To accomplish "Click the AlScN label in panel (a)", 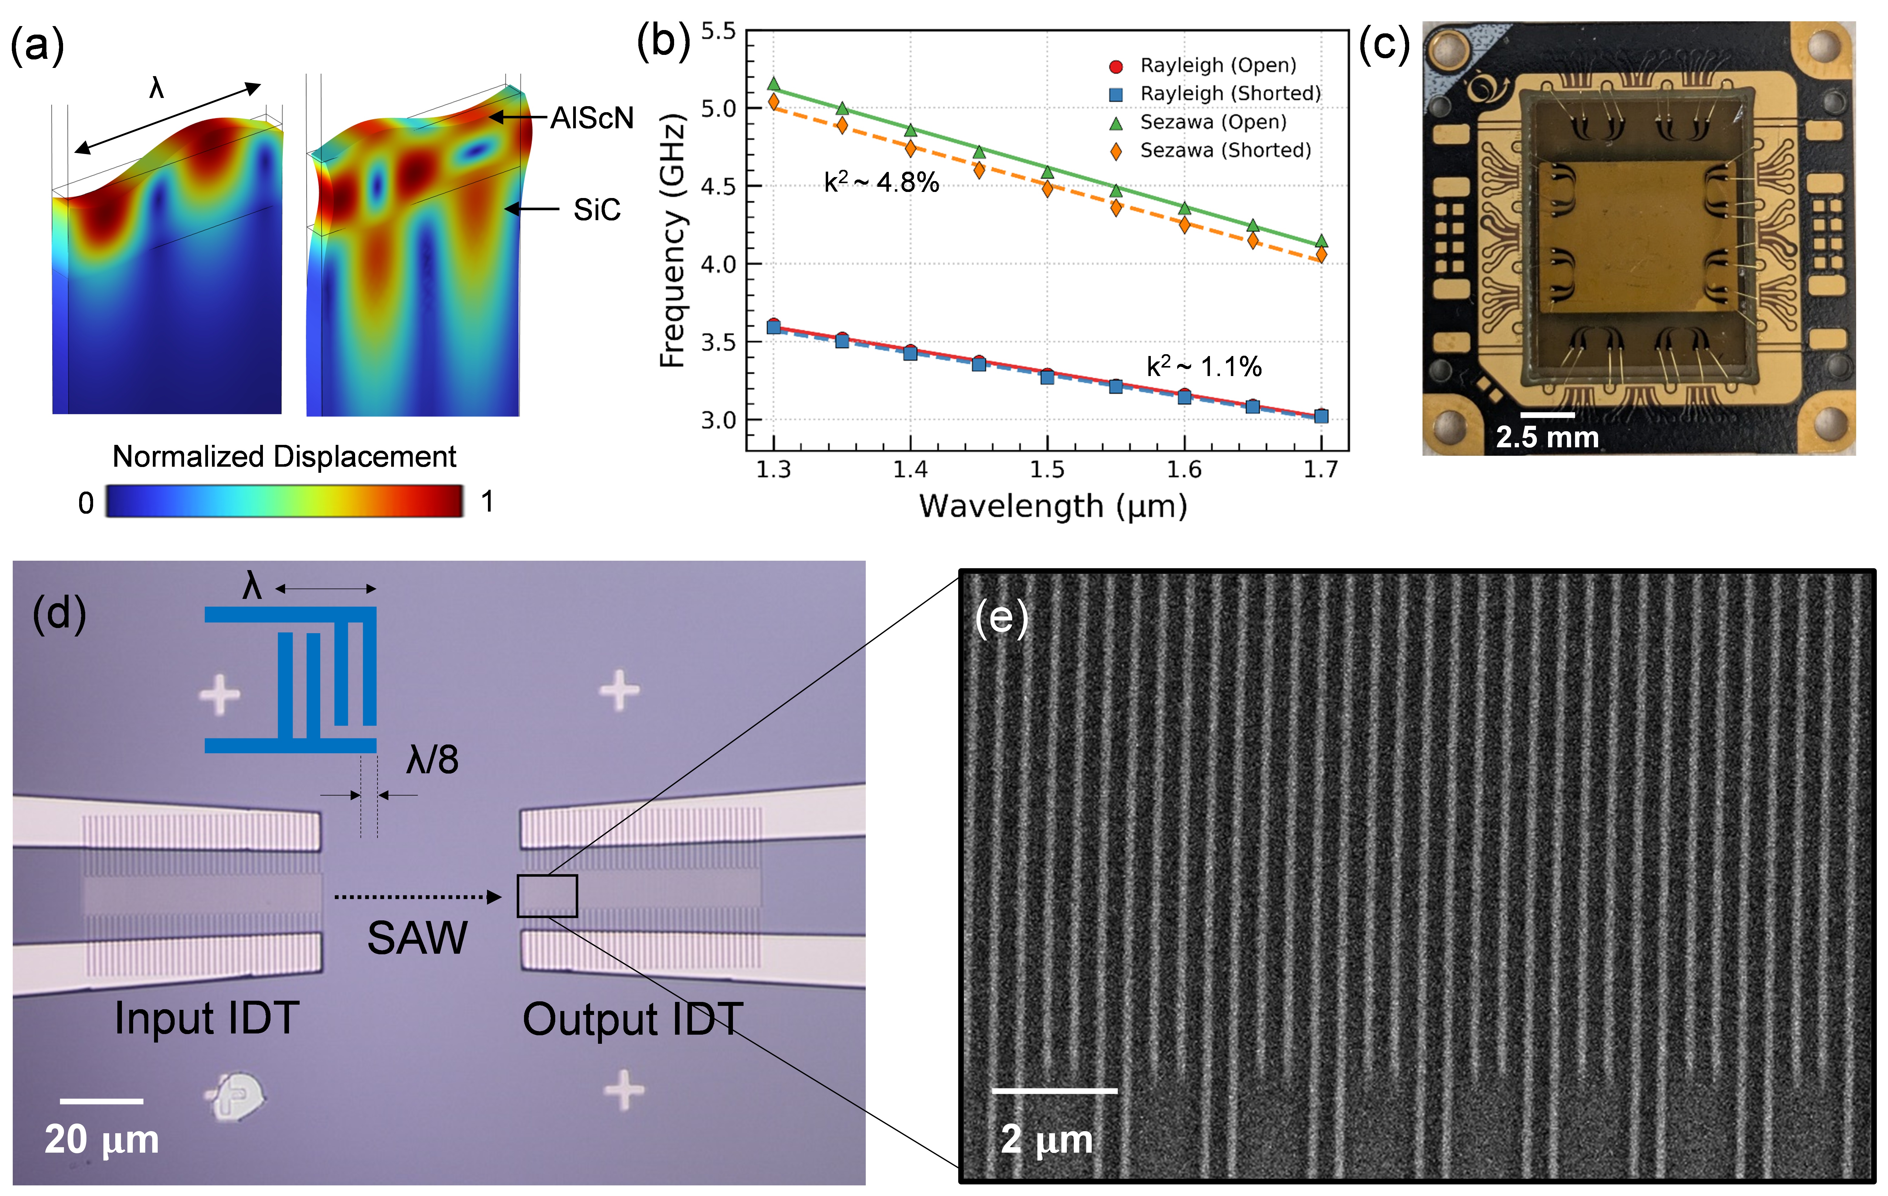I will point(592,119).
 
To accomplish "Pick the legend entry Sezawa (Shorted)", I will point(1225,151).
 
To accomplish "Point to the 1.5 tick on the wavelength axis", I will point(1047,470).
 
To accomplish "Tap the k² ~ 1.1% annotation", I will point(1204,366).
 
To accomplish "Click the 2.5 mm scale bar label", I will point(1547,437).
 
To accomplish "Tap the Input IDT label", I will point(207,1018).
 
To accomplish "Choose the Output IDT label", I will point(633,1020).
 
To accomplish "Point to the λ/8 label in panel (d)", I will point(432,759).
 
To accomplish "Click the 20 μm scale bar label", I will point(102,1140).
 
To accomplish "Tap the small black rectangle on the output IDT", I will point(547,895).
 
